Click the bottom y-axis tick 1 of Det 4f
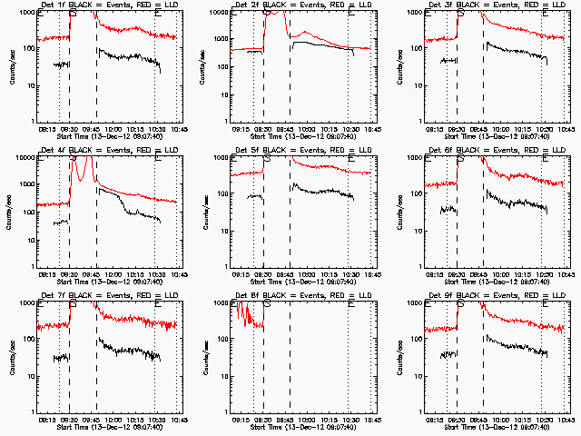(34, 266)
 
